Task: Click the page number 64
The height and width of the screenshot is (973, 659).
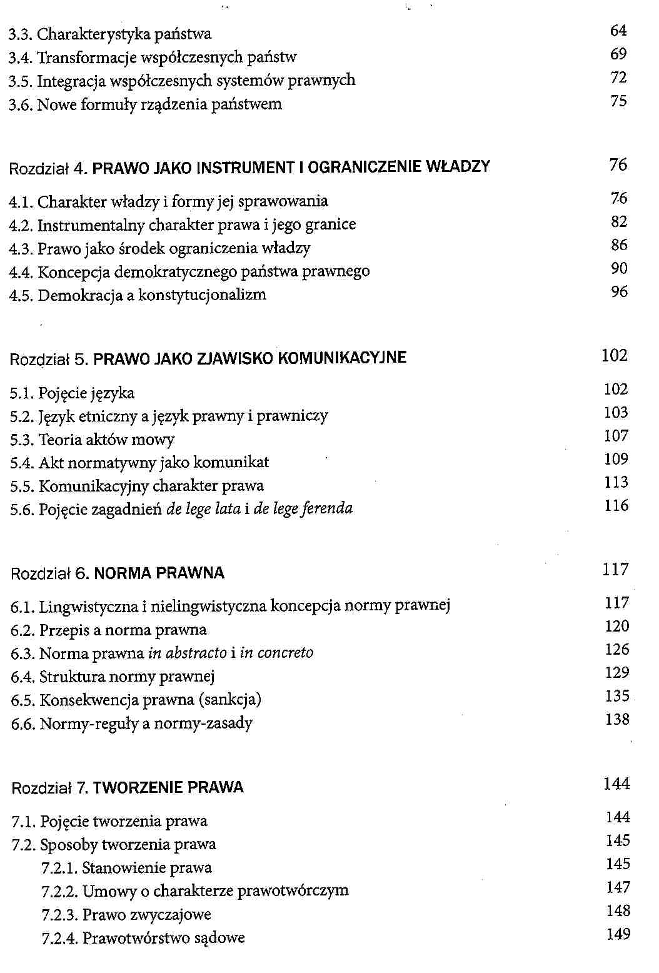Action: (x=618, y=31)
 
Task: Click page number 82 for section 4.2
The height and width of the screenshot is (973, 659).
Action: (x=619, y=222)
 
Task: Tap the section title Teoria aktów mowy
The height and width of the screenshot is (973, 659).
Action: (x=106, y=440)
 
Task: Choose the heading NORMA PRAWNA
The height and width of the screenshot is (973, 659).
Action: (x=159, y=573)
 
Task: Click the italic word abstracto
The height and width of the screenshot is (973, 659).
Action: (x=187, y=653)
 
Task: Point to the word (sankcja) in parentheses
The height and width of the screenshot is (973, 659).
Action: (x=229, y=700)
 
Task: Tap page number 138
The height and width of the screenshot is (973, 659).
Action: (x=617, y=720)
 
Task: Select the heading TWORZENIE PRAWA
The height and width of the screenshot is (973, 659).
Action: (x=168, y=788)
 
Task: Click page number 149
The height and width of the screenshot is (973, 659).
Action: (x=618, y=935)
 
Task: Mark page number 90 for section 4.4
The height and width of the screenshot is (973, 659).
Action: (x=619, y=269)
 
